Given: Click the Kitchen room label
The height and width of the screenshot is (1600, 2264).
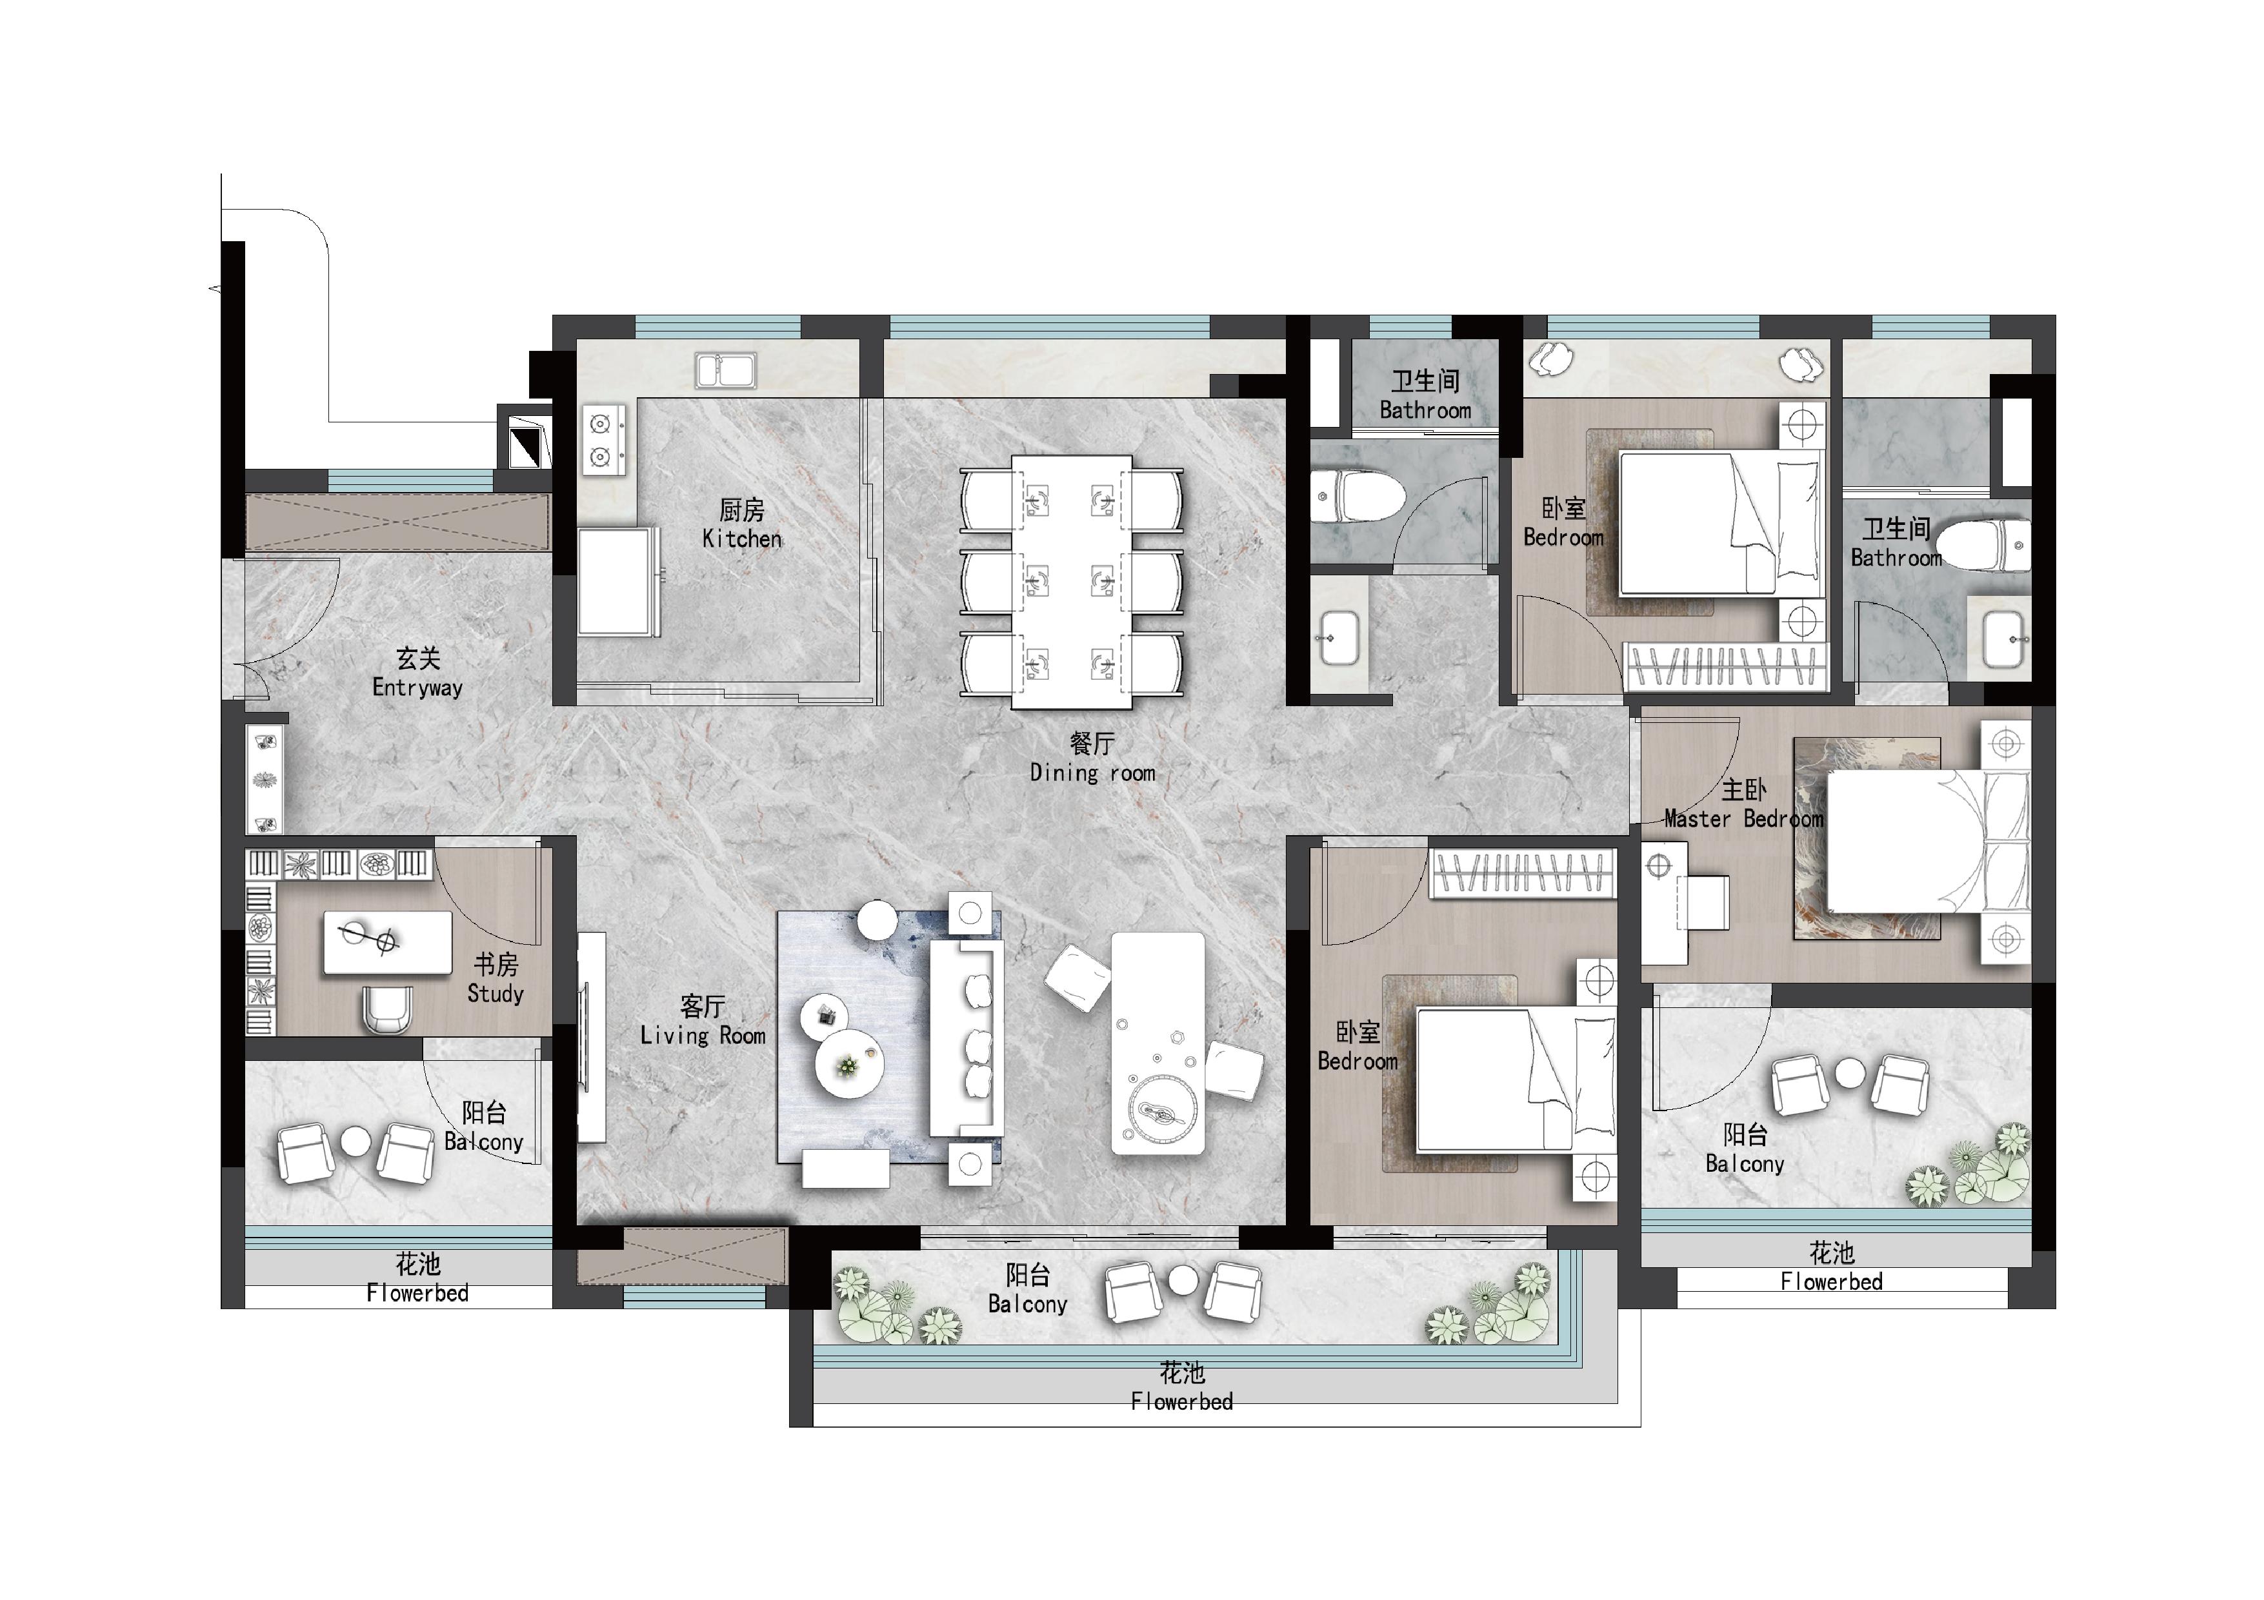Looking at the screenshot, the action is click(x=741, y=524).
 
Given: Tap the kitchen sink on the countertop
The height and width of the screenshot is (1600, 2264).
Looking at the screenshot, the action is click(x=726, y=371).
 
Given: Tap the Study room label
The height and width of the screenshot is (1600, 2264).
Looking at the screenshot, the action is click(x=495, y=978).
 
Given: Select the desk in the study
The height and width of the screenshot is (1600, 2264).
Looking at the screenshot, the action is click(x=388, y=942).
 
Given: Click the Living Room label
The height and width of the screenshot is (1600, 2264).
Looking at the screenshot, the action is click(x=702, y=1020).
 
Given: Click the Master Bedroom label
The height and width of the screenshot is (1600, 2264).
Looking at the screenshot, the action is click(x=1743, y=804).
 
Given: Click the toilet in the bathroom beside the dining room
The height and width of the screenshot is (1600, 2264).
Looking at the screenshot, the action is click(x=1357, y=497).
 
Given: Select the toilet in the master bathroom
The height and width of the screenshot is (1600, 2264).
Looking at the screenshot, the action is click(x=1983, y=545).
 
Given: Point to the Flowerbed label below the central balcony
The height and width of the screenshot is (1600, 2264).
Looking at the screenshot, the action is click(x=1181, y=1387).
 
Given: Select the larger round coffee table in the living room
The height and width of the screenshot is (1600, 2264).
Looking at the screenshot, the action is click(x=849, y=1065).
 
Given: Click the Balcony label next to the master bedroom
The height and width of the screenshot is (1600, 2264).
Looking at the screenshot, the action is click(x=1745, y=1149).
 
